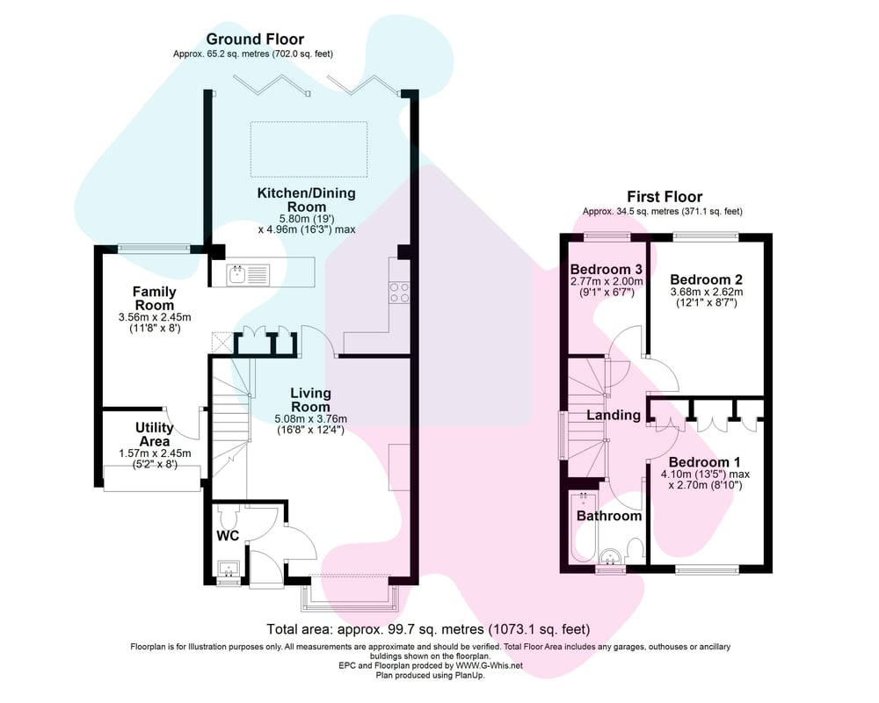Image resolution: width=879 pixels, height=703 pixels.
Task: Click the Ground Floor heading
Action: (255, 40)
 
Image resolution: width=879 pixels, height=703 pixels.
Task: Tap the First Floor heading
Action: (665, 197)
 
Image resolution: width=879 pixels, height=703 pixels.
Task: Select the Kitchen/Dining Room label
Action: (306, 199)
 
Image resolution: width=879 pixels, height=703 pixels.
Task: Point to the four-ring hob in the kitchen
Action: (399, 292)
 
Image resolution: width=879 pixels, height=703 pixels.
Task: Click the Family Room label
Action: (154, 298)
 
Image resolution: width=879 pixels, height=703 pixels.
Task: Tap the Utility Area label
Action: (154, 434)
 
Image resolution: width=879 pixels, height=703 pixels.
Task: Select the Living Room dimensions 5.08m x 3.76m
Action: (310, 419)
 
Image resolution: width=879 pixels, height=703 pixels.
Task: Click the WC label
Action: (228, 536)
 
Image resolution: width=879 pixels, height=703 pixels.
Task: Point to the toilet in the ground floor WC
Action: (229, 513)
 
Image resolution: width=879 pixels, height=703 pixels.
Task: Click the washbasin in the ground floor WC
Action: (229, 569)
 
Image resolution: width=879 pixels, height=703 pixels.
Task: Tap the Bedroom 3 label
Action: (606, 269)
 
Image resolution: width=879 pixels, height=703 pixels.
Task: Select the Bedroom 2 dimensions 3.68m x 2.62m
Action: (707, 292)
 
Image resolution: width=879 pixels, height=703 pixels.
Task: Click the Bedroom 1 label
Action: (704, 462)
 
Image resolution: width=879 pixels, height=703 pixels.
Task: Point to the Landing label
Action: (614, 415)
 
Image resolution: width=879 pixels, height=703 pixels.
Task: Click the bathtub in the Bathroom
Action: (584, 527)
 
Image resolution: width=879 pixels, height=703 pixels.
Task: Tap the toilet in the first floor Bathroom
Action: (636, 550)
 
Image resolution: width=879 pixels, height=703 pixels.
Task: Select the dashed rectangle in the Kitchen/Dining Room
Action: (309, 149)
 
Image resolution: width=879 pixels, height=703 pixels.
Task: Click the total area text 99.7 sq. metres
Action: (429, 629)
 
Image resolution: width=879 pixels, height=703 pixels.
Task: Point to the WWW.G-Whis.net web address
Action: (489, 665)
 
